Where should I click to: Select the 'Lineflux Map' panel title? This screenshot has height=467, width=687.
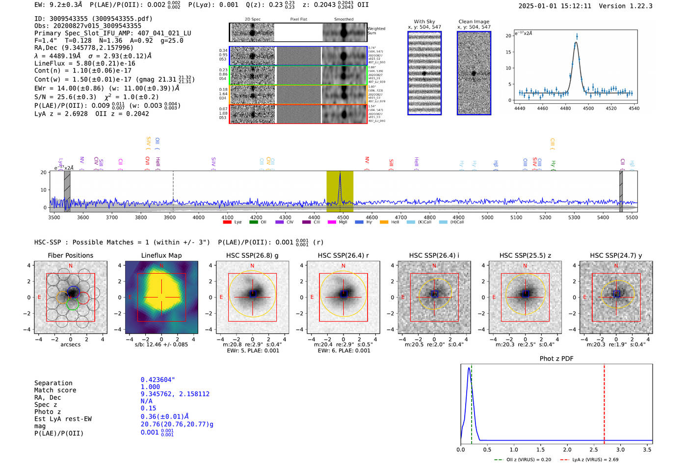click(x=161, y=255)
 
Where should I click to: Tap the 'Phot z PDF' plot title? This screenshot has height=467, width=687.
click(x=556, y=359)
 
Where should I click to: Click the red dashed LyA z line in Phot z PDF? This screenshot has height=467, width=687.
click(x=604, y=402)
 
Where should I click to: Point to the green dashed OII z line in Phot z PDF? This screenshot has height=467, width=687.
click(x=471, y=402)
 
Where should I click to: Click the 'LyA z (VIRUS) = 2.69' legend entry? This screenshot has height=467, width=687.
click(x=595, y=460)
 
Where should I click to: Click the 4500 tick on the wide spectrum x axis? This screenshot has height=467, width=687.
click(x=343, y=218)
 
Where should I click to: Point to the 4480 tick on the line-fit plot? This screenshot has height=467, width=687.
click(x=565, y=108)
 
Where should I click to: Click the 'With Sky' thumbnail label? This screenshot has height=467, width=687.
click(x=424, y=22)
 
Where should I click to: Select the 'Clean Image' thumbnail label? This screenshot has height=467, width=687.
click(x=474, y=22)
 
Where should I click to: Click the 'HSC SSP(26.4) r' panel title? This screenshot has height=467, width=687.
click(x=343, y=255)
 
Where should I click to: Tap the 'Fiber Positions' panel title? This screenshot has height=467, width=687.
click(x=70, y=255)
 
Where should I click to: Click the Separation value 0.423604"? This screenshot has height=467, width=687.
click(x=158, y=380)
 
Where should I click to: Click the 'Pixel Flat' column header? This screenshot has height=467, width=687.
click(x=298, y=20)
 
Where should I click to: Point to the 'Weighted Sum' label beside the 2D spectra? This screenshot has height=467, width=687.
click(x=376, y=30)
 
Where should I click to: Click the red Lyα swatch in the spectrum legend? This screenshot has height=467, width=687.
click(x=227, y=222)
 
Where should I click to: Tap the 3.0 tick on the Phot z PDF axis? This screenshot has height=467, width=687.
click(x=620, y=449)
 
